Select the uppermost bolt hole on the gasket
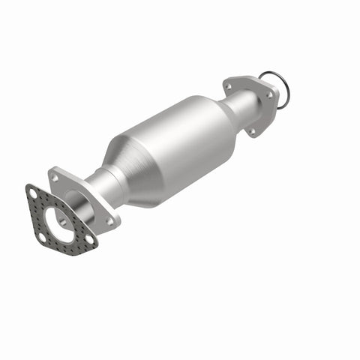32,193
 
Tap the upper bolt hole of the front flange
53,177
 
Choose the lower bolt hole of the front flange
110,221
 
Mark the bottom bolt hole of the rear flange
252,131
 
